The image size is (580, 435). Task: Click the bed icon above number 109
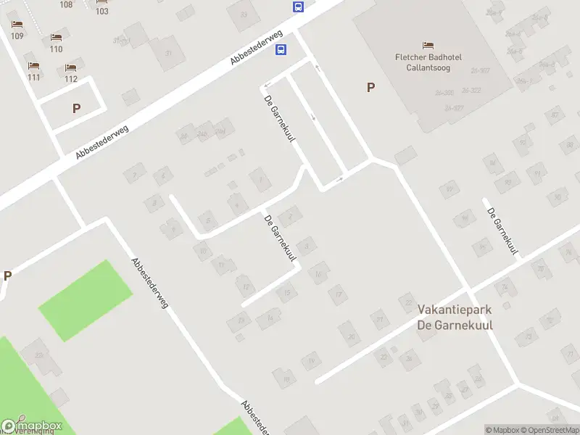click(x=17, y=25)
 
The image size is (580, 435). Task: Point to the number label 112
click(x=71, y=79)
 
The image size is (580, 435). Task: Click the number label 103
click(x=102, y=11)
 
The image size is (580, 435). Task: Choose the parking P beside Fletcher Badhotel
click(x=370, y=88)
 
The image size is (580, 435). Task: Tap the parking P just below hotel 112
click(x=76, y=109)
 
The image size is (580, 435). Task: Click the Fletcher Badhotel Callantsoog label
click(x=428, y=62)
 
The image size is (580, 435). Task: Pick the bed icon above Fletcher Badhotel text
click(x=428, y=46)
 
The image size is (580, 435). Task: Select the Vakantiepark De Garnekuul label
click(x=455, y=317)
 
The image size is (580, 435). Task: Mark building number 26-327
click(x=454, y=108)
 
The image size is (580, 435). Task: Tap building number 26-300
click(x=444, y=92)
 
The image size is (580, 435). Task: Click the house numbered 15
click(x=287, y=294)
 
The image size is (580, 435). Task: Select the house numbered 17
click(x=337, y=294)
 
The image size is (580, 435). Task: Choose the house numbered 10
click(x=204, y=252)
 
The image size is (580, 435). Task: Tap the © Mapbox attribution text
click(x=503, y=430)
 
